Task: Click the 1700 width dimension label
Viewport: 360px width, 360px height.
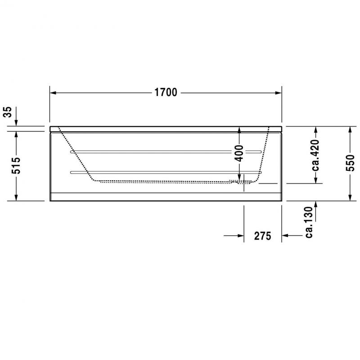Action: [x=166, y=93]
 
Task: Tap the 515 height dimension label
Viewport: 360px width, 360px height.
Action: [x=15, y=166]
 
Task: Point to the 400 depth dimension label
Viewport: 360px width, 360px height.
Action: [x=239, y=154]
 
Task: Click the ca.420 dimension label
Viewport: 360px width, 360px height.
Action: [x=316, y=155]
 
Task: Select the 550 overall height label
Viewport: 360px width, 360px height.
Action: [x=351, y=163]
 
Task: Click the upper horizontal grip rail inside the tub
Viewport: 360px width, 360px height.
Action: [x=166, y=151]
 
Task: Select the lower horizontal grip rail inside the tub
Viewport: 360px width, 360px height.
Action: [x=166, y=172]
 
